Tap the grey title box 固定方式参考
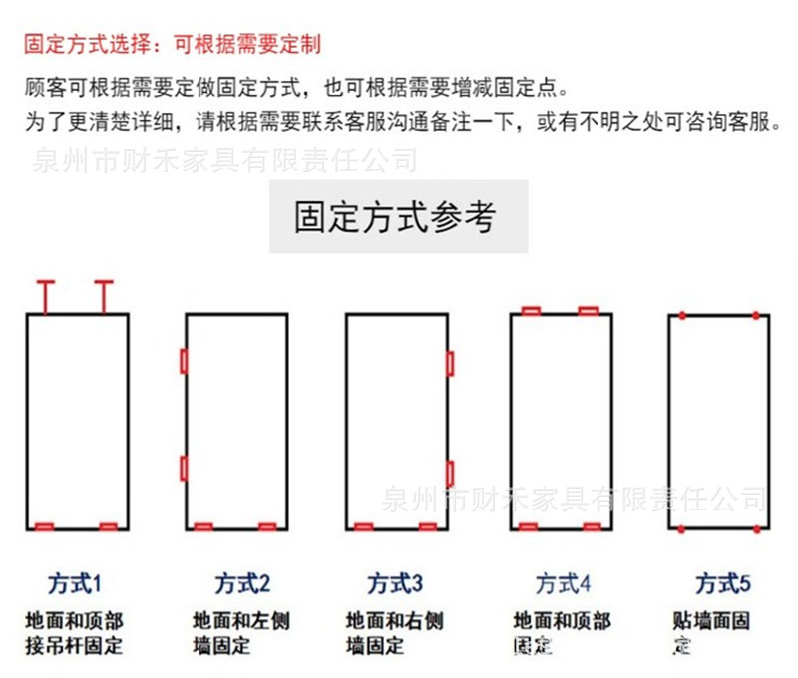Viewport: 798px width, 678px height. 398,216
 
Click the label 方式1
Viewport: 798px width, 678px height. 75,583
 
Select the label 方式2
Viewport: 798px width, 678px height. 242,583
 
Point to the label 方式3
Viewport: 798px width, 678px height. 396,583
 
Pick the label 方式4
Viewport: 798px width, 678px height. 564,583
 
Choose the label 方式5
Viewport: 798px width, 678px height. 723,583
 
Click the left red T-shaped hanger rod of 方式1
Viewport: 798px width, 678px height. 45,295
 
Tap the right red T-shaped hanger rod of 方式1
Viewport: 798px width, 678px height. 104,295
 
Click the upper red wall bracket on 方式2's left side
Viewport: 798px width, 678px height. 183,361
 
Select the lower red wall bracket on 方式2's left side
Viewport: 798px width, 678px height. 183,468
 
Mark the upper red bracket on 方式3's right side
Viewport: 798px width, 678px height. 451,364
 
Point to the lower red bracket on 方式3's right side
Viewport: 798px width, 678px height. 451,474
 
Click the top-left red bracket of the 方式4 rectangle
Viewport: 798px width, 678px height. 531,311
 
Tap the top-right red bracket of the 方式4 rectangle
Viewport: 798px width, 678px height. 589,311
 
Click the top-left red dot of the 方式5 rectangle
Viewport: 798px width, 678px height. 681,315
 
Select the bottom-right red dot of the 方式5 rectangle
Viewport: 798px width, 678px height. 756,528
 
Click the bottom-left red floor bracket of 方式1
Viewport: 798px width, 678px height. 45,526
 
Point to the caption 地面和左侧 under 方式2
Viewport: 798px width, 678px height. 241,621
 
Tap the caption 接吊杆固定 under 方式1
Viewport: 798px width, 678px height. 75,645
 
